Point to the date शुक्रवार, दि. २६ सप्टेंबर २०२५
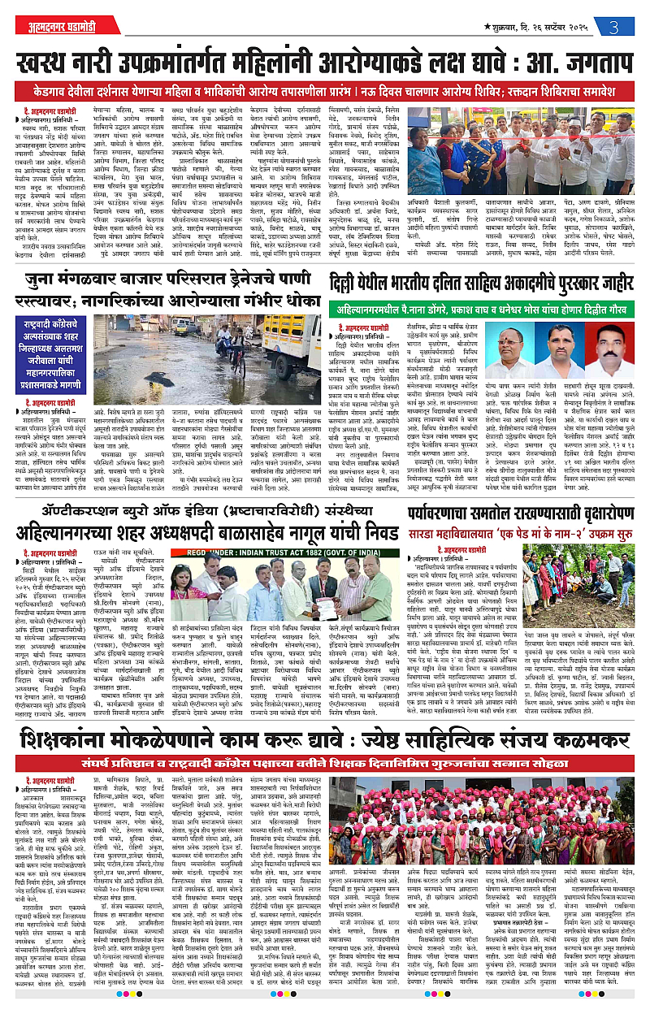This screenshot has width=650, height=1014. click(542, 25)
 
